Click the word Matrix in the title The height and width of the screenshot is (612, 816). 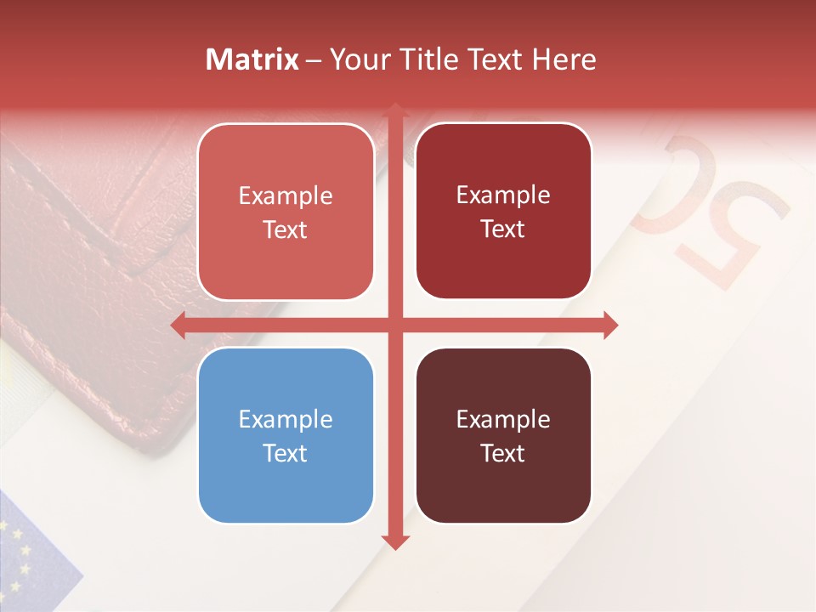point(252,59)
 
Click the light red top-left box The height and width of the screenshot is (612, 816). point(286,212)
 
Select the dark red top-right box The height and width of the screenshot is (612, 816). point(503,212)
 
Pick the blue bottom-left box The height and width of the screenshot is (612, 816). point(286,436)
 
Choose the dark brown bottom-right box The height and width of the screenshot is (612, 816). point(503,435)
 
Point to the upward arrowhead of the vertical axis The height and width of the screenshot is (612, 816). point(394,111)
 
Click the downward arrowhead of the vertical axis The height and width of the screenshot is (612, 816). point(394,541)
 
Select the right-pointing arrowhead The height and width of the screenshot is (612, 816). point(609,326)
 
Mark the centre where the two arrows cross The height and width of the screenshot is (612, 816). point(394,326)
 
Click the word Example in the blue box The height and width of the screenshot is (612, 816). point(286,420)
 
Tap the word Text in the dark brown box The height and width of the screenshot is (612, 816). point(503,453)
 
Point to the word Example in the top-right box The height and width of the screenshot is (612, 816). point(503,195)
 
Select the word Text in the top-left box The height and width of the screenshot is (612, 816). point(286,230)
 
